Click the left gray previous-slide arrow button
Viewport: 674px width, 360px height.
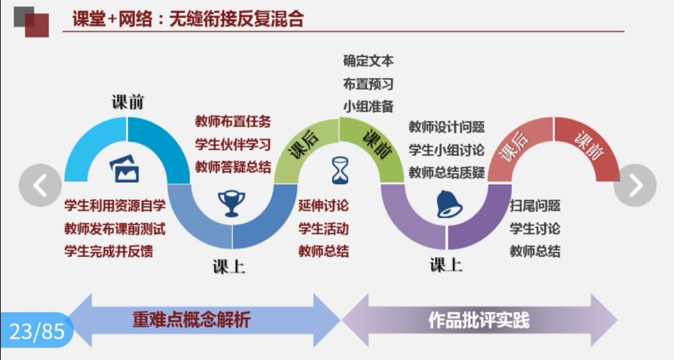41,185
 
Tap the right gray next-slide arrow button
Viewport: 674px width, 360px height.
635,185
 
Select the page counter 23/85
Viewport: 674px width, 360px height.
37,331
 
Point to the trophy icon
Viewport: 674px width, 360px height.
231,203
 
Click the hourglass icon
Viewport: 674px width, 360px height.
340,171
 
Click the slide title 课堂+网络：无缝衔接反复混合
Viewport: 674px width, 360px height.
188,19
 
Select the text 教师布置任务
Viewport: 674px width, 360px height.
233,122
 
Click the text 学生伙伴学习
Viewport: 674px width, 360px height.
233,144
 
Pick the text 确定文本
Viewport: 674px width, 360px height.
368,61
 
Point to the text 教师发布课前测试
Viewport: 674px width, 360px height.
115,229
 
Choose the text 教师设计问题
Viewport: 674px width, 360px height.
447,127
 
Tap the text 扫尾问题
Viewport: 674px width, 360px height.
535,206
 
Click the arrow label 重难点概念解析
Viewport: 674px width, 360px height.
191,320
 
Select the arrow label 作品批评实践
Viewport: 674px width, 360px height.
479,320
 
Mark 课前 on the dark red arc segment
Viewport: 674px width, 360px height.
589,145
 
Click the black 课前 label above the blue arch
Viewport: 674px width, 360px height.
128,102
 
